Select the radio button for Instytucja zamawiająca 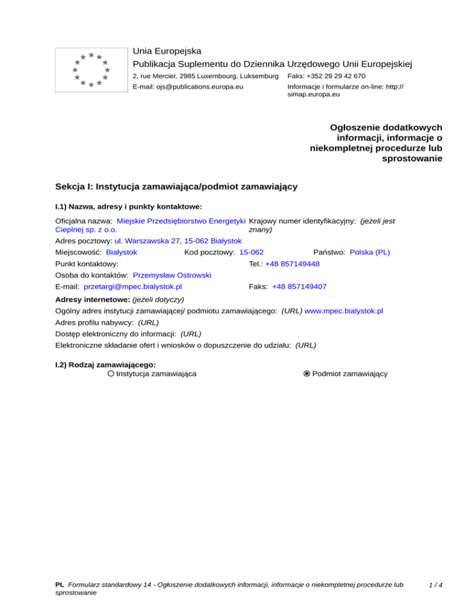coord(111,374)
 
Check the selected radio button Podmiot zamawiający coord(307,374)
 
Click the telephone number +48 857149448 coord(292,264)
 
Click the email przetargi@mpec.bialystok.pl coord(133,286)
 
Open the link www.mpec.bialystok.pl coord(344,311)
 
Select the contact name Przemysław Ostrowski coord(172,275)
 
